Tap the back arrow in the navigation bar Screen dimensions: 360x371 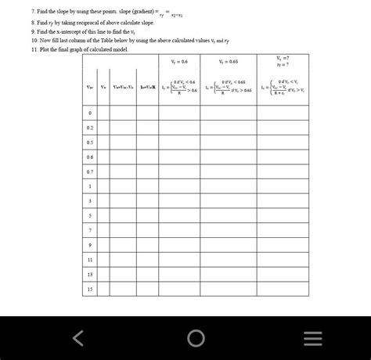[78, 337]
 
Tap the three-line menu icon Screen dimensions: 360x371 [312, 337]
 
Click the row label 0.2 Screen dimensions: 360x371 [90, 128]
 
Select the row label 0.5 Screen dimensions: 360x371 [90, 142]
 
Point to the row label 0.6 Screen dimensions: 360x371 [90, 157]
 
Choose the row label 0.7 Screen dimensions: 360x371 [90, 171]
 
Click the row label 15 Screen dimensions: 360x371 [90, 288]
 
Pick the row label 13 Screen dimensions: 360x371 [90, 274]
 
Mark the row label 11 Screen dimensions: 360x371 [90, 259]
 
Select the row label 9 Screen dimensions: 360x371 [90, 244]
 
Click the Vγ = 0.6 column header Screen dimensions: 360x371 [178, 61]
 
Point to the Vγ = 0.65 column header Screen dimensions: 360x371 [228, 61]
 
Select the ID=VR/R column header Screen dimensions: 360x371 [149, 87]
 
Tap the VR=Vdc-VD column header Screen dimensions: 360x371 [123, 87]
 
